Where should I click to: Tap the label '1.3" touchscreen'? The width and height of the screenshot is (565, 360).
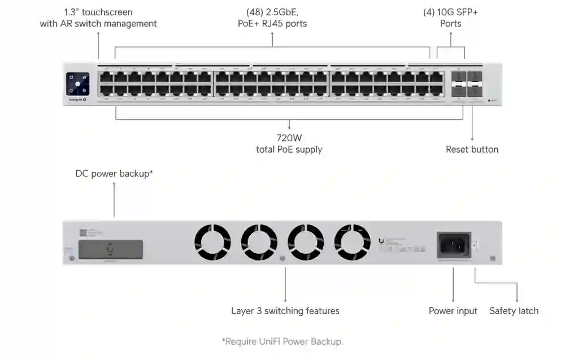[98, 12]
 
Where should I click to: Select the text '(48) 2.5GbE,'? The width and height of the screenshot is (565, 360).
[272, 12]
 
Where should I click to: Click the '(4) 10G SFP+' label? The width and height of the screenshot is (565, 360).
[450, 12]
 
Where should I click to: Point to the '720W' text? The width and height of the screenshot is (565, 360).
[289, 137]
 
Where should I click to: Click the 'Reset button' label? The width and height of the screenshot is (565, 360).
[472, 149]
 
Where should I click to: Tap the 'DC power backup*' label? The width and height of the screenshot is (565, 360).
[114, 173]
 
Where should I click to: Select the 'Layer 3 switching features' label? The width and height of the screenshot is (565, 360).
[285, 311]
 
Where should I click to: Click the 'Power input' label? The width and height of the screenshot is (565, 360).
[453, 311]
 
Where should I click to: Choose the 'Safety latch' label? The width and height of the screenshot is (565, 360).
[514, 311]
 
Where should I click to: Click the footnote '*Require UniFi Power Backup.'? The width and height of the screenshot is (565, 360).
[282, 341]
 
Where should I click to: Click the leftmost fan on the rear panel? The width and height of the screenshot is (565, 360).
[212, 242]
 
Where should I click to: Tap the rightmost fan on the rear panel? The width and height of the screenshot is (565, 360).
[352, 242]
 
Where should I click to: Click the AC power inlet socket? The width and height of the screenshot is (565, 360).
[454, 245]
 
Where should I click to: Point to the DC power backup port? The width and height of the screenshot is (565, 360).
[110, 249]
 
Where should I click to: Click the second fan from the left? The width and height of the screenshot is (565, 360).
[259, 242]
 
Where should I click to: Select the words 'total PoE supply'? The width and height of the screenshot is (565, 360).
[289, 150]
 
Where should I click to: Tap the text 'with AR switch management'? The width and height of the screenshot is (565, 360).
[98, 24]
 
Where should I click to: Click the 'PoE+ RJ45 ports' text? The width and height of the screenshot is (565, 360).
[272, 24]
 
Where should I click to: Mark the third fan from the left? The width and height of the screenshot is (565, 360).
[306, 242]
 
